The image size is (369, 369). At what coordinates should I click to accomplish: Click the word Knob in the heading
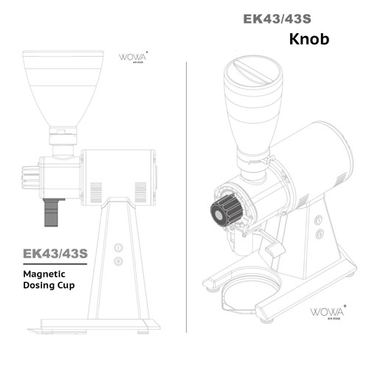coord(308,38)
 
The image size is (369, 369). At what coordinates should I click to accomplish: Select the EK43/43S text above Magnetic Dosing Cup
coord(55,253)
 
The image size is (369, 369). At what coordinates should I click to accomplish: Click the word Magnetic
coord(46,272)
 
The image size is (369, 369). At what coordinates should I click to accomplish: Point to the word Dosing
coord(40,284)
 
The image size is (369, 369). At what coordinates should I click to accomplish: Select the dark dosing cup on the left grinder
coord(51,212)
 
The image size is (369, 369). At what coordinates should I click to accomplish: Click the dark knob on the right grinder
coord(227,211)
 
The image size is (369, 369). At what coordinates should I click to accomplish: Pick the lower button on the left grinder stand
coord(118,261)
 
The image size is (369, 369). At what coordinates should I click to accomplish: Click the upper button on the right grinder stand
coord(318,220)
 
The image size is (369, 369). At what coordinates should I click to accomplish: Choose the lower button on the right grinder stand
coord(320,234)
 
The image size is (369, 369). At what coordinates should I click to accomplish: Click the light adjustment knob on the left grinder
coord(29,177)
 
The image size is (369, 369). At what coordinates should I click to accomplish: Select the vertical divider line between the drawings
coord(187,184)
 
